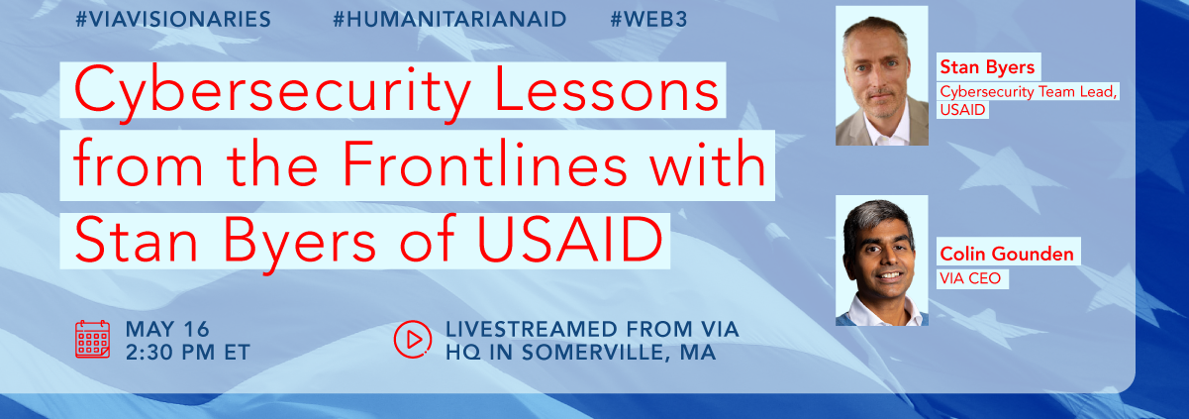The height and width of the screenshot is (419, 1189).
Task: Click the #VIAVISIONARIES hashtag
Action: (x=173, y=19)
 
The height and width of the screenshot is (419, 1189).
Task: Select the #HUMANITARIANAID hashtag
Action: (x=449, y=19)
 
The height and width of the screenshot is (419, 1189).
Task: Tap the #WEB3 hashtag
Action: (x=648, y=19)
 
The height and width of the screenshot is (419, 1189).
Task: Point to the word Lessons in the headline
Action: (x=607, y=89)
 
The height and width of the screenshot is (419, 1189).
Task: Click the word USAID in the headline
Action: (x=570, y=239)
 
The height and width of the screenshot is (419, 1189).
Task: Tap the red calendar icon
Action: (x=92, y=340)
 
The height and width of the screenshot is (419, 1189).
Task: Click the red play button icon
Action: (x=413, y=339)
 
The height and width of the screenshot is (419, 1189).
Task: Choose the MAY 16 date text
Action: (x=167, y=329)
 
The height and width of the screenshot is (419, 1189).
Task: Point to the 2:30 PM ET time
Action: (x=187, y=353)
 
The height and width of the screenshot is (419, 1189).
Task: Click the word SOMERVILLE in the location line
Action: (x=596, y=353)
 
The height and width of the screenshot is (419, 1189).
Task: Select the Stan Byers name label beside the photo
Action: (x=987, y=67)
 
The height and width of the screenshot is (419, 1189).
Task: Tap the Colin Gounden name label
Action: (x=1007, y=254)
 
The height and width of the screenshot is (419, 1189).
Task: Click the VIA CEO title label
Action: (x=970, y=278)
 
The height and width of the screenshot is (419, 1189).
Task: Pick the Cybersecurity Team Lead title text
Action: (x=1028, y=92)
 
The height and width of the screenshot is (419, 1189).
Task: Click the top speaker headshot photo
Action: (x=882, y=75)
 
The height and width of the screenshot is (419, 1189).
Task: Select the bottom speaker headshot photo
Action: (x=882, y=261)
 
